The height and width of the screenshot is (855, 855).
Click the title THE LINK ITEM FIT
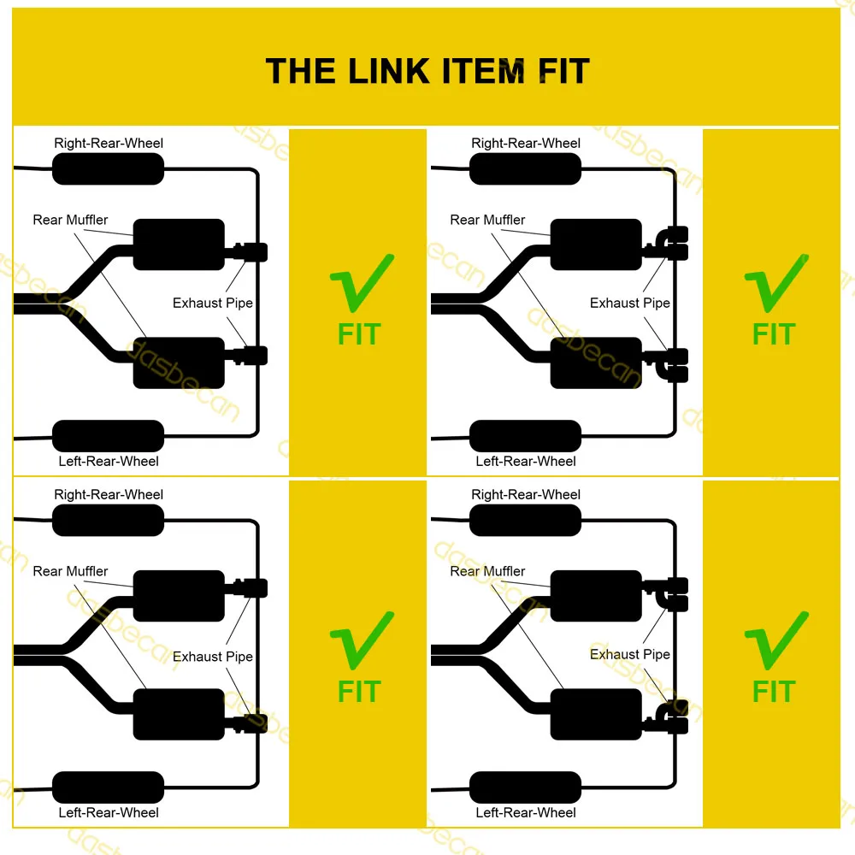tap(427, 71)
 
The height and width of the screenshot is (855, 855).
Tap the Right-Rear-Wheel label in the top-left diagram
tap(109, 143)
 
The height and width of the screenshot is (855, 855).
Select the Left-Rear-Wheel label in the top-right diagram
tap(526, 461)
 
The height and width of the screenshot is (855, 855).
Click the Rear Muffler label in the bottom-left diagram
tap(70, 571)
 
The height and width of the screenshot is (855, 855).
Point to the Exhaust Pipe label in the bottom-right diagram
tap(630, 654)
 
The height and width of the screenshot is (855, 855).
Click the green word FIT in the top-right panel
tap(774, 334)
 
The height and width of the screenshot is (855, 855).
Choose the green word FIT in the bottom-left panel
tap(359, 691)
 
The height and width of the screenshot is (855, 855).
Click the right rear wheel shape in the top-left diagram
tap(108, 169)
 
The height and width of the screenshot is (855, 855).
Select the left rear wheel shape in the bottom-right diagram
tap(525, 787)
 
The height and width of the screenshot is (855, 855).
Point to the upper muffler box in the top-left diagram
tap(179, 245)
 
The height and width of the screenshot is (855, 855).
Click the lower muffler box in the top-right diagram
tap(596, 363)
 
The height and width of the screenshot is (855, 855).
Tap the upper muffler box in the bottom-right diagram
tap(596, 595)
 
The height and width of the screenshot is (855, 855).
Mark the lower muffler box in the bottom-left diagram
tap(179, 714)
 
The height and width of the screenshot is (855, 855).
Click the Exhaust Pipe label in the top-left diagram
tap(213, 303)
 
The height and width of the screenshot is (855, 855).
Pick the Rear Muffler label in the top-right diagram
tap(487, 220)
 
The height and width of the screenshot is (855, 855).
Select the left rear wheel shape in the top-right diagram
tap(525, 435)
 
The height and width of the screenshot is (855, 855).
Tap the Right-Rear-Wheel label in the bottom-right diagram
tap(526, 494)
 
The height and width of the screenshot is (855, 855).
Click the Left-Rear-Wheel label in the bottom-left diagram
tap(109, 812)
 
